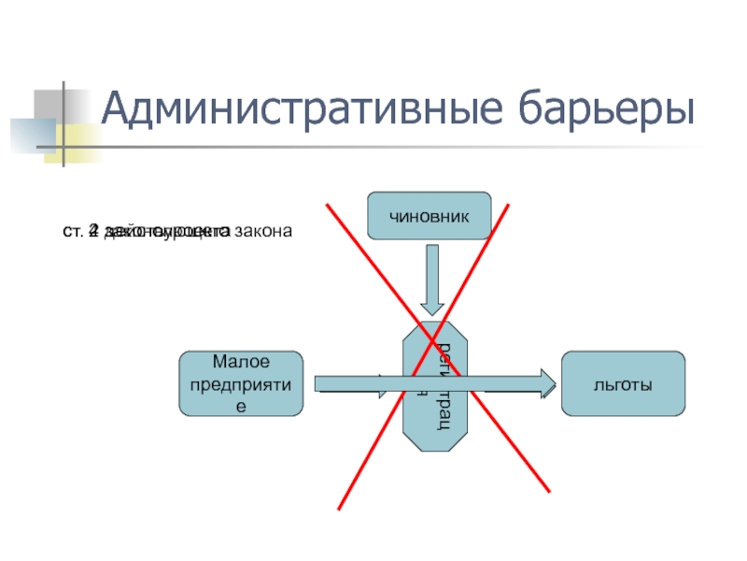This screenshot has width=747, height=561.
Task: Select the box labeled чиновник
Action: tap(430, 216)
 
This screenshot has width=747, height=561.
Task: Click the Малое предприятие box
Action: tap(241, 383)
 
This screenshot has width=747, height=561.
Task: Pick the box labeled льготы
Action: tap(622, 383)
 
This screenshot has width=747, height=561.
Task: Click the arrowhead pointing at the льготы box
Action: tap(546, 383)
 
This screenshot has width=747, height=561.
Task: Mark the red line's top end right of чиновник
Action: tap(509, 202)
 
